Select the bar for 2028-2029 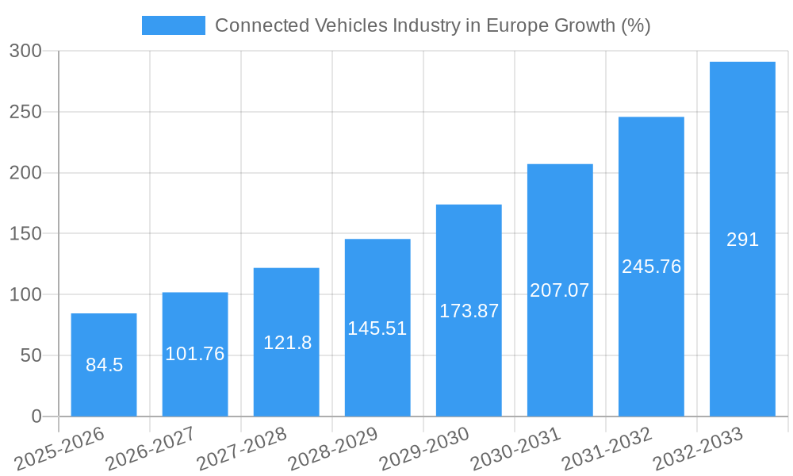(377, 286)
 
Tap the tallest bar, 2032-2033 (742, 159)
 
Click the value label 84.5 (104, 366)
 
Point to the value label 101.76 (195, 354)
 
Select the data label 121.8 (287, 343)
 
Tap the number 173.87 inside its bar (469, 311)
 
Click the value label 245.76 (651, 267)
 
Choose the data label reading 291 (742, 240)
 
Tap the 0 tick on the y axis (36, 416)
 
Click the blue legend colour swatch (173, 25)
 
